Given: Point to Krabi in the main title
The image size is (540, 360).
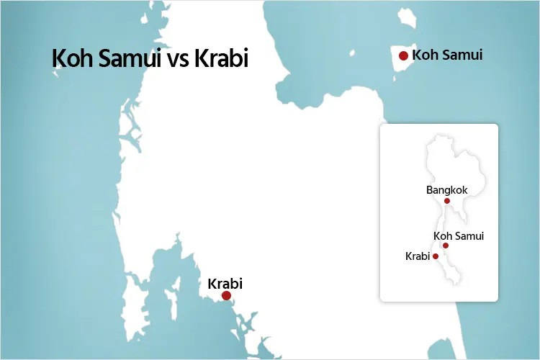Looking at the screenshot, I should coord(221,58).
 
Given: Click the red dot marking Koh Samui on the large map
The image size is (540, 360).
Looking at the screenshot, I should coord(404,55).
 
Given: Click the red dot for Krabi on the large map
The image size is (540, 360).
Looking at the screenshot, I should coord(226,295).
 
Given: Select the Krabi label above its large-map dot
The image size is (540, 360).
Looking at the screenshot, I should coord(225,283).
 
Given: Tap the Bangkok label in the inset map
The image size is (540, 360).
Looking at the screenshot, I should coord(446,190).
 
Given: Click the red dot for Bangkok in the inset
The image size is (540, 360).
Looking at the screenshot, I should coord(447,201).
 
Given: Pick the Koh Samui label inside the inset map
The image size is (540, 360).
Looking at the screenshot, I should coord(459,235).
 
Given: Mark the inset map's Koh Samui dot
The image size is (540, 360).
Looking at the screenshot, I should coord(446,246).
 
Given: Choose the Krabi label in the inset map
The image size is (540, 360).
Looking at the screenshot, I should coord(418,256).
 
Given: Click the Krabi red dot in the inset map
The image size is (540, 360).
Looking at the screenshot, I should coord(436,256).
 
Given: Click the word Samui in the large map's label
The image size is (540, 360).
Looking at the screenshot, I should coord(462,55).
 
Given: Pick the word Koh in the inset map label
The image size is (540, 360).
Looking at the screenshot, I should coord(442,235).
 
